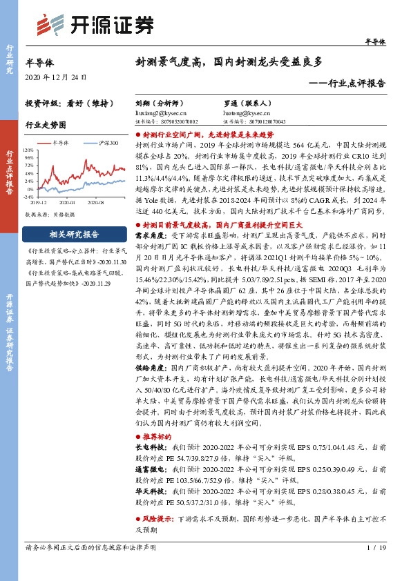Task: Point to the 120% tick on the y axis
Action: [x=28, y=149]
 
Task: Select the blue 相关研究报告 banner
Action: [x=68, y=233]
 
